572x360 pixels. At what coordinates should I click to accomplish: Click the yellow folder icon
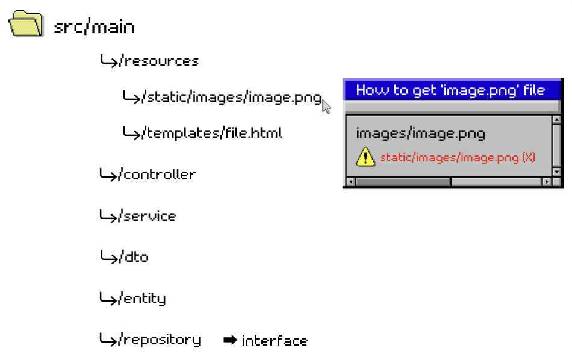(26, 25)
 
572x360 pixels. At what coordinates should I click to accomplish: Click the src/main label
(95, 27)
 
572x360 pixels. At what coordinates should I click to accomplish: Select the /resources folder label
(159, 61)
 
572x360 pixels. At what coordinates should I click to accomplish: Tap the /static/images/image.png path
(231, 97)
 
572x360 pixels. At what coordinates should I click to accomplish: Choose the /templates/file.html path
(211, 133)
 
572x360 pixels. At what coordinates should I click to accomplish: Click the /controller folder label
(157, 175)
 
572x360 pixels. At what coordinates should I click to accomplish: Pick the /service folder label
(148, 216)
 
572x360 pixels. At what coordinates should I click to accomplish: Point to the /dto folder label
(134, 257)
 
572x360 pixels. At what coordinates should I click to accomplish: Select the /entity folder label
(142, 299)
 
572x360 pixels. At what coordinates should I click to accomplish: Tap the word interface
(275, 341)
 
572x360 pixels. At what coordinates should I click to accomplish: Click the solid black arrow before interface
(230, 340)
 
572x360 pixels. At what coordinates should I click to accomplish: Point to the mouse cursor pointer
(326, 107)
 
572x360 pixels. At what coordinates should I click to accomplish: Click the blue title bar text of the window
(450, 90)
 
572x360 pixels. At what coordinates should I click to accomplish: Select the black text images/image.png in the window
(420, 133)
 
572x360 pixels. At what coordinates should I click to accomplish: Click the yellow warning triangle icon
(365, 157)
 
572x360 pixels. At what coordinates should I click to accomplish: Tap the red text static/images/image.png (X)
(458, 158)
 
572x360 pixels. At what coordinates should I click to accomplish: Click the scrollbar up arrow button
(556, 120)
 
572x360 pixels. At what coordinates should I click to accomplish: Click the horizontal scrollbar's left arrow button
(350, 181)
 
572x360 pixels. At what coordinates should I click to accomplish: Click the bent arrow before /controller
(108, 174)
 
